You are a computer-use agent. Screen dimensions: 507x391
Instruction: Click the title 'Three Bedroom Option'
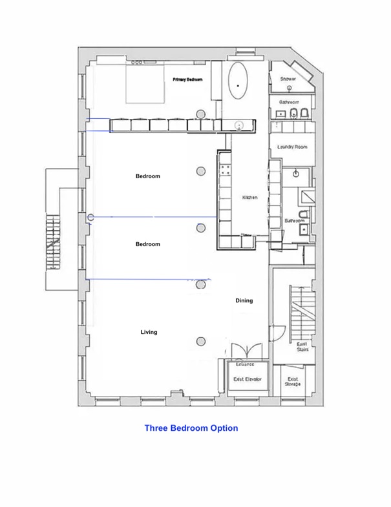coord(191,428)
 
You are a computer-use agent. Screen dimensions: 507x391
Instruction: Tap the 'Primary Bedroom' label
coord(188,79)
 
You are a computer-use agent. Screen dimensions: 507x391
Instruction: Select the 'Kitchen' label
coord(250,198)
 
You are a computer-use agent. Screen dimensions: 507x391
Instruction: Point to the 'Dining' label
coord(244,300)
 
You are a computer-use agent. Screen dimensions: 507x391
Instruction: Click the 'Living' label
coord(149,332)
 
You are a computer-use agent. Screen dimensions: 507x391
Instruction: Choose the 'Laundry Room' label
coord(292,147)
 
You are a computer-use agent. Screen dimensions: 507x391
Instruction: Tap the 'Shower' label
coord(288,79)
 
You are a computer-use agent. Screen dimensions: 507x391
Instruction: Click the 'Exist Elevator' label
coord(247,379)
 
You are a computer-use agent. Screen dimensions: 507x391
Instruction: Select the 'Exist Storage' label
coord(291,381)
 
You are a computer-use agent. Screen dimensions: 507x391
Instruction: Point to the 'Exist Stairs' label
coord(302,347)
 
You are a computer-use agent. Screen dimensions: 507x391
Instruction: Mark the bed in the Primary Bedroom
coord(147,82)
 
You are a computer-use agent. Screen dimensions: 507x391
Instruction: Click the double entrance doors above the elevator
coord(246,349)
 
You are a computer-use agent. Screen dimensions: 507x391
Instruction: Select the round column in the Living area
coord(201,342)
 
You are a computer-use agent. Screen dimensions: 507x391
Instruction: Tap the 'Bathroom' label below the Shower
coord(288,102)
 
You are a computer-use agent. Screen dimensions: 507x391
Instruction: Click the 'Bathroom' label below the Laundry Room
coord(295,220)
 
